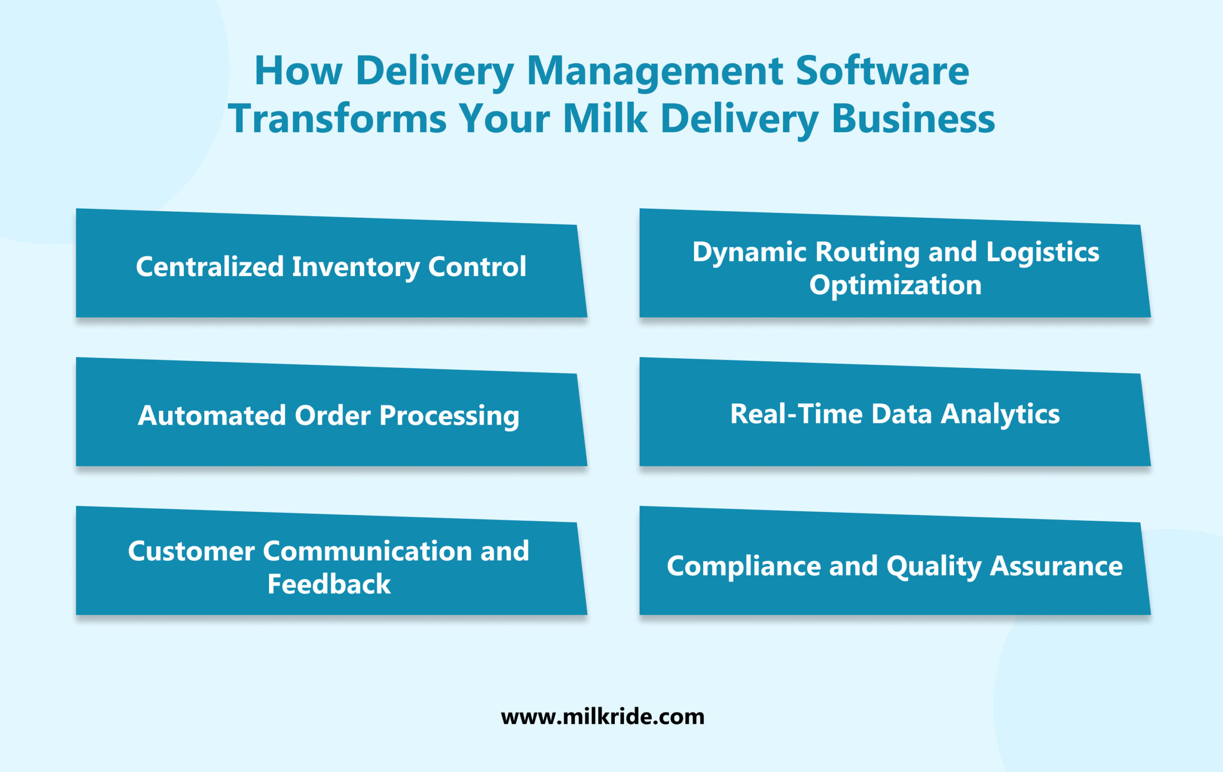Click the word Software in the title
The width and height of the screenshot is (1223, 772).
click(882, 71)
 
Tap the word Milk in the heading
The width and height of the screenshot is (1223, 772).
click(605, 119)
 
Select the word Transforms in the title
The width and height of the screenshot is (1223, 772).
click(337, 119)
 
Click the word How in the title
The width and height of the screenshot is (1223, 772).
click(298, 71)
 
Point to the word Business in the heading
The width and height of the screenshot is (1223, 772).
click(913, 119)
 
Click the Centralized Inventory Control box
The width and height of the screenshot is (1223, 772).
click(331, 267)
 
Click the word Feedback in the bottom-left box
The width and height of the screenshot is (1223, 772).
click(329, 584)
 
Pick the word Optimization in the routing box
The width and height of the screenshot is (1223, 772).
click(895, 285)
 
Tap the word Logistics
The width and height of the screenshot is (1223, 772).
click(1043, 252)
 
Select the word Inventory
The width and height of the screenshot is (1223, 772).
click(355, 267)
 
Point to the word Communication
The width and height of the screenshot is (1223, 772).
click(368, 551)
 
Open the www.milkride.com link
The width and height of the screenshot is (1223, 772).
click(602, 717)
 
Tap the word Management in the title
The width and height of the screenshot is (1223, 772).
click(655, 71)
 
